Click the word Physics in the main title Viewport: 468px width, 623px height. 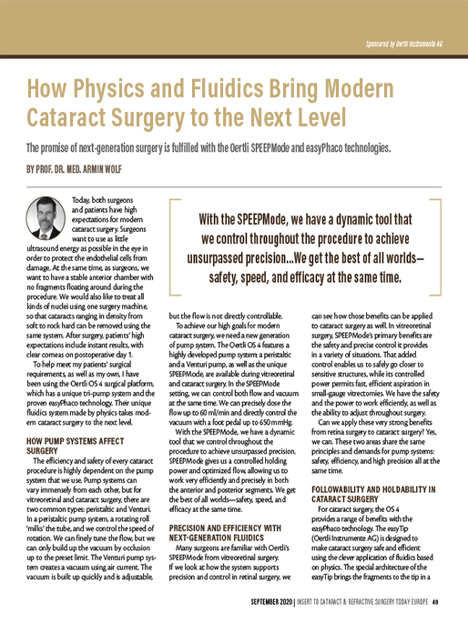pos(125,89)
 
